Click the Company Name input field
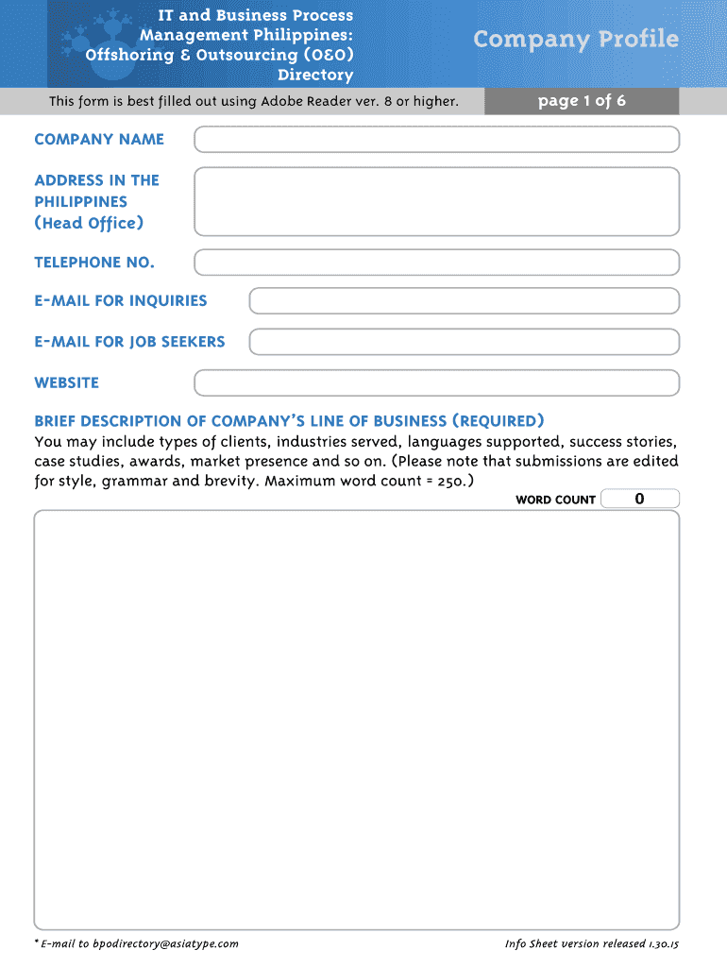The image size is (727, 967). [436, 140]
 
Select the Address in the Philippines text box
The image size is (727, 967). [436, 201]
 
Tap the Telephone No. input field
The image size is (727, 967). [436, 263]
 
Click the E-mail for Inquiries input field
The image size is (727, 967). [464, 301]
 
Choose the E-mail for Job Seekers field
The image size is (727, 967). [464, 342]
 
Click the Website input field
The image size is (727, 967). [436, 383]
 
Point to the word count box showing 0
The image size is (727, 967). [639, 499]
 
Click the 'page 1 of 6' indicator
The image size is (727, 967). [582, 101]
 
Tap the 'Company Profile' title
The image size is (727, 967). [576, 39]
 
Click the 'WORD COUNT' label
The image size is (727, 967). [555, 500]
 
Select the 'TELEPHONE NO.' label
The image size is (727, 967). [94, 263]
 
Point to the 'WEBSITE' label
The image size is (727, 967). [66, 383]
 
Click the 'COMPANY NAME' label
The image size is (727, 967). [99, 140]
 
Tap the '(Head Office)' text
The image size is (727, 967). [89, 223]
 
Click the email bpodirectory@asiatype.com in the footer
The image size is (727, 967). [165, 943]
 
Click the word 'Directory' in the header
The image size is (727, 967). [315, 75]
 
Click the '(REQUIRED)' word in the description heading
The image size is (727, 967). [498, 421]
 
